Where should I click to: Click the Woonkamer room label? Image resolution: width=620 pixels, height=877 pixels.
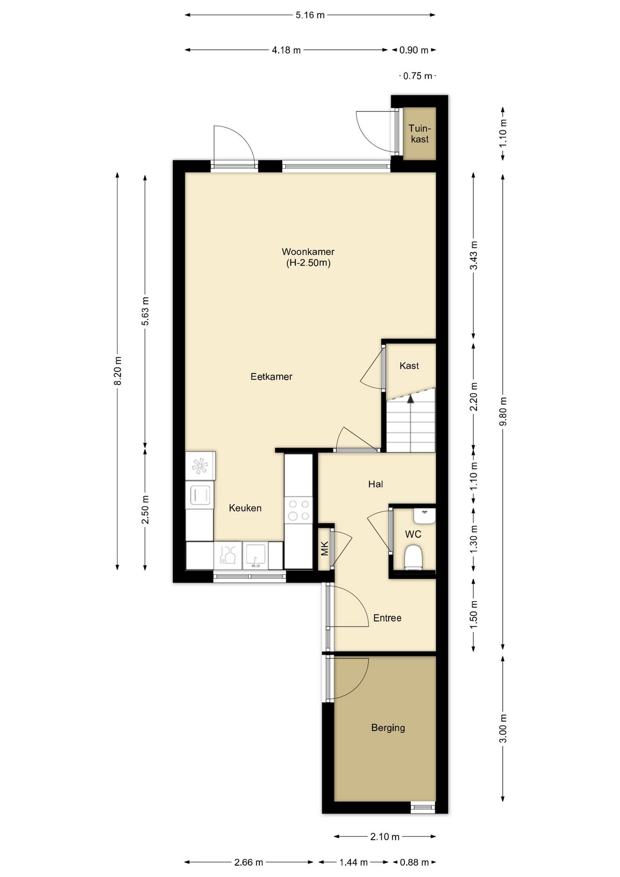308,252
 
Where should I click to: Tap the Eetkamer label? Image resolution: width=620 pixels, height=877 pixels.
271,376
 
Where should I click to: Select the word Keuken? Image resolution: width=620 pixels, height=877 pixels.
245,508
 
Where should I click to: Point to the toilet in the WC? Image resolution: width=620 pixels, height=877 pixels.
413,557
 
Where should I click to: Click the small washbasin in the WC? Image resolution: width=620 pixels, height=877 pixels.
425,516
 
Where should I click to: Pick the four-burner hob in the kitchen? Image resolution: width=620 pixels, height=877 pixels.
299,510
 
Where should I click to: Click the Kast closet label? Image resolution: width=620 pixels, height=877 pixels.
409,365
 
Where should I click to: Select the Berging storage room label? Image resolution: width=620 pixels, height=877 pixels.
388,728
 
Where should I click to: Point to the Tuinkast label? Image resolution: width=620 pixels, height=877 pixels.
420,133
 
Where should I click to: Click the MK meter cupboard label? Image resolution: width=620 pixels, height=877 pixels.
325,548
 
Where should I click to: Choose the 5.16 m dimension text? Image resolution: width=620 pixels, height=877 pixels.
310,15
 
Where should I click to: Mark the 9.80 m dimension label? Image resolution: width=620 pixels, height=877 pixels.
503,411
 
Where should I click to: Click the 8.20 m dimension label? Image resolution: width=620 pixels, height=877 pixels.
117,370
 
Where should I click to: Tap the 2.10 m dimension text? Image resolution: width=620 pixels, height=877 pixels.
385,837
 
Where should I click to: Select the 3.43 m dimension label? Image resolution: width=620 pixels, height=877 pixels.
473,255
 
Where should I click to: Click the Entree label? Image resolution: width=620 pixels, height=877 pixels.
387,618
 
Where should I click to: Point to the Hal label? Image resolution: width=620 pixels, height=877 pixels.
376,484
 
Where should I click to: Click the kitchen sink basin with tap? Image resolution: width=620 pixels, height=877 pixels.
255,555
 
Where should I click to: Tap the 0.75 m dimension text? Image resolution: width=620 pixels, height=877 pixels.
418,76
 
